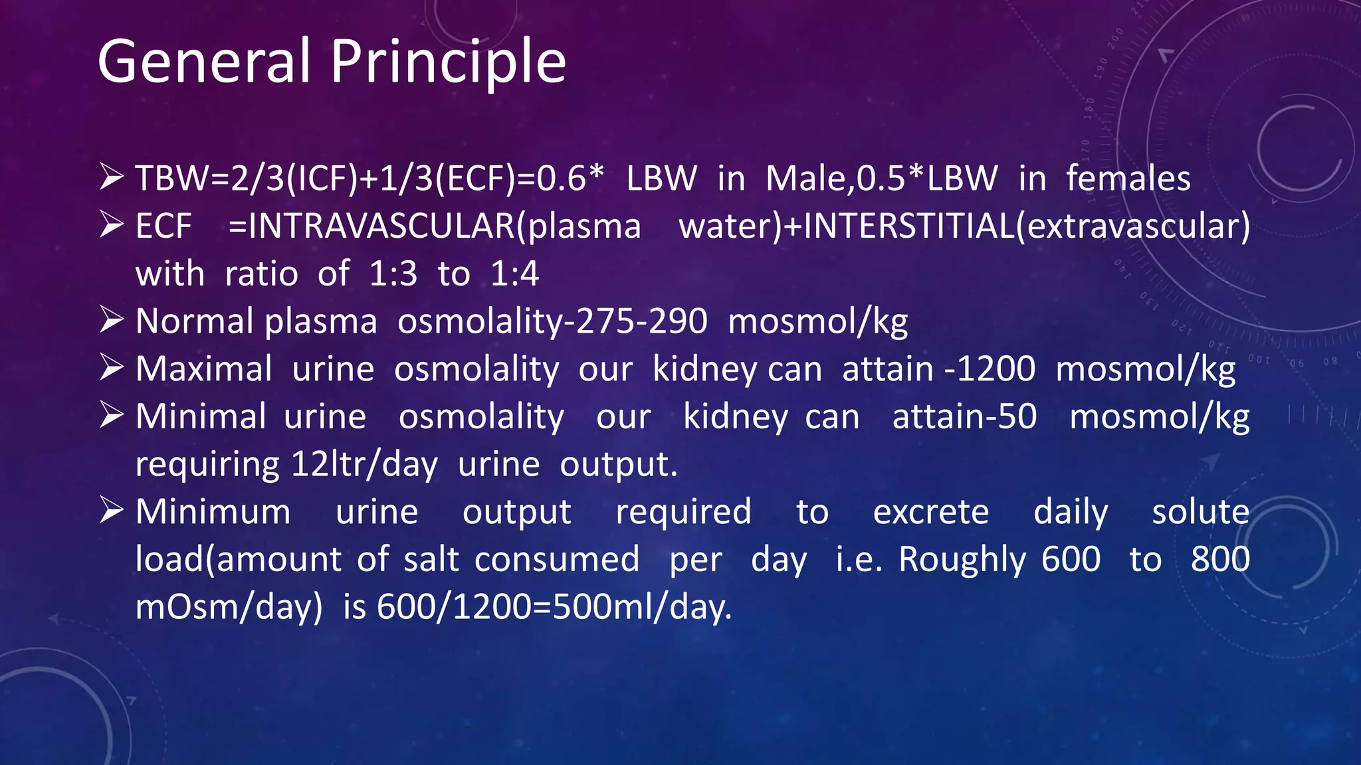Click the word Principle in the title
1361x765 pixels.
pyautogui.click(x=448, y=61)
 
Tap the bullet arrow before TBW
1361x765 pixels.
pyautogui.click(x=112, y=177)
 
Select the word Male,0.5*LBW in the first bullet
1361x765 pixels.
pyautogui.click(x=881, y=178)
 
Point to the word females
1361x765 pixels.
pyautogui.click(x=1128, y=178)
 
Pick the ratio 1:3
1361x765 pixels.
pyautogui.click(x=393, y=274)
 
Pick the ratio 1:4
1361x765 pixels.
pyautogui.click(x=514, y=274)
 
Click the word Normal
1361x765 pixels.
pyautogui.click(x=194, y=321)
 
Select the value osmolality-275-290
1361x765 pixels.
pyautogui.click(x=552, y=321)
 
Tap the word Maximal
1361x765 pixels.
pyautogui.click(x=204, y=369)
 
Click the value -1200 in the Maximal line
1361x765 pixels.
pyautogui.click(x=990, y=369)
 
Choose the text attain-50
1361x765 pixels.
pyautogui.click(x=964, y=416)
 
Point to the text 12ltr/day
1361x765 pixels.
pyautogui.click(x=364, y=464)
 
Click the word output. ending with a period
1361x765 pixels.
pyautogui.click(x=618, y=464)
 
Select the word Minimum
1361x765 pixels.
pyautogui.click(x=213, y=512)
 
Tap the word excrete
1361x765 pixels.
pyautogui.click(x=930, y=512)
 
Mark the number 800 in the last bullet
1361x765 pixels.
pyautogui.click(x=1220, y=559)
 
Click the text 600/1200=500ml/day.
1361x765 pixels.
pyautogui.click(x=554, y=607)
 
